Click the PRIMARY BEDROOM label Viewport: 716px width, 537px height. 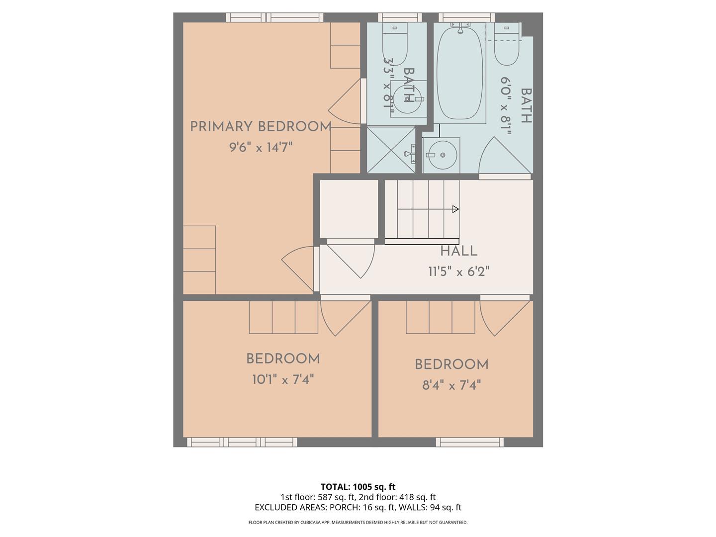261,127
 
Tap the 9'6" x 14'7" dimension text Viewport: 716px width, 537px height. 261,148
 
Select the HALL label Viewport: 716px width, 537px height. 458,251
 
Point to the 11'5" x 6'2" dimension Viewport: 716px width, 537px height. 458,272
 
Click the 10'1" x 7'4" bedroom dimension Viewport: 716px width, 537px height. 283,380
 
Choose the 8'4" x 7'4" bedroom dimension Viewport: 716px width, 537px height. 451,385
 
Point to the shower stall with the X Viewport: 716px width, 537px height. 391,150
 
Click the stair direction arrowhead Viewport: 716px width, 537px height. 455,209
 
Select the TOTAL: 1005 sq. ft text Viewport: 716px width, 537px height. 358,487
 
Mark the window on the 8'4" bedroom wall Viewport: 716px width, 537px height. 470,442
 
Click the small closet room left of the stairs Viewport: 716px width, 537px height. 349,208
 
